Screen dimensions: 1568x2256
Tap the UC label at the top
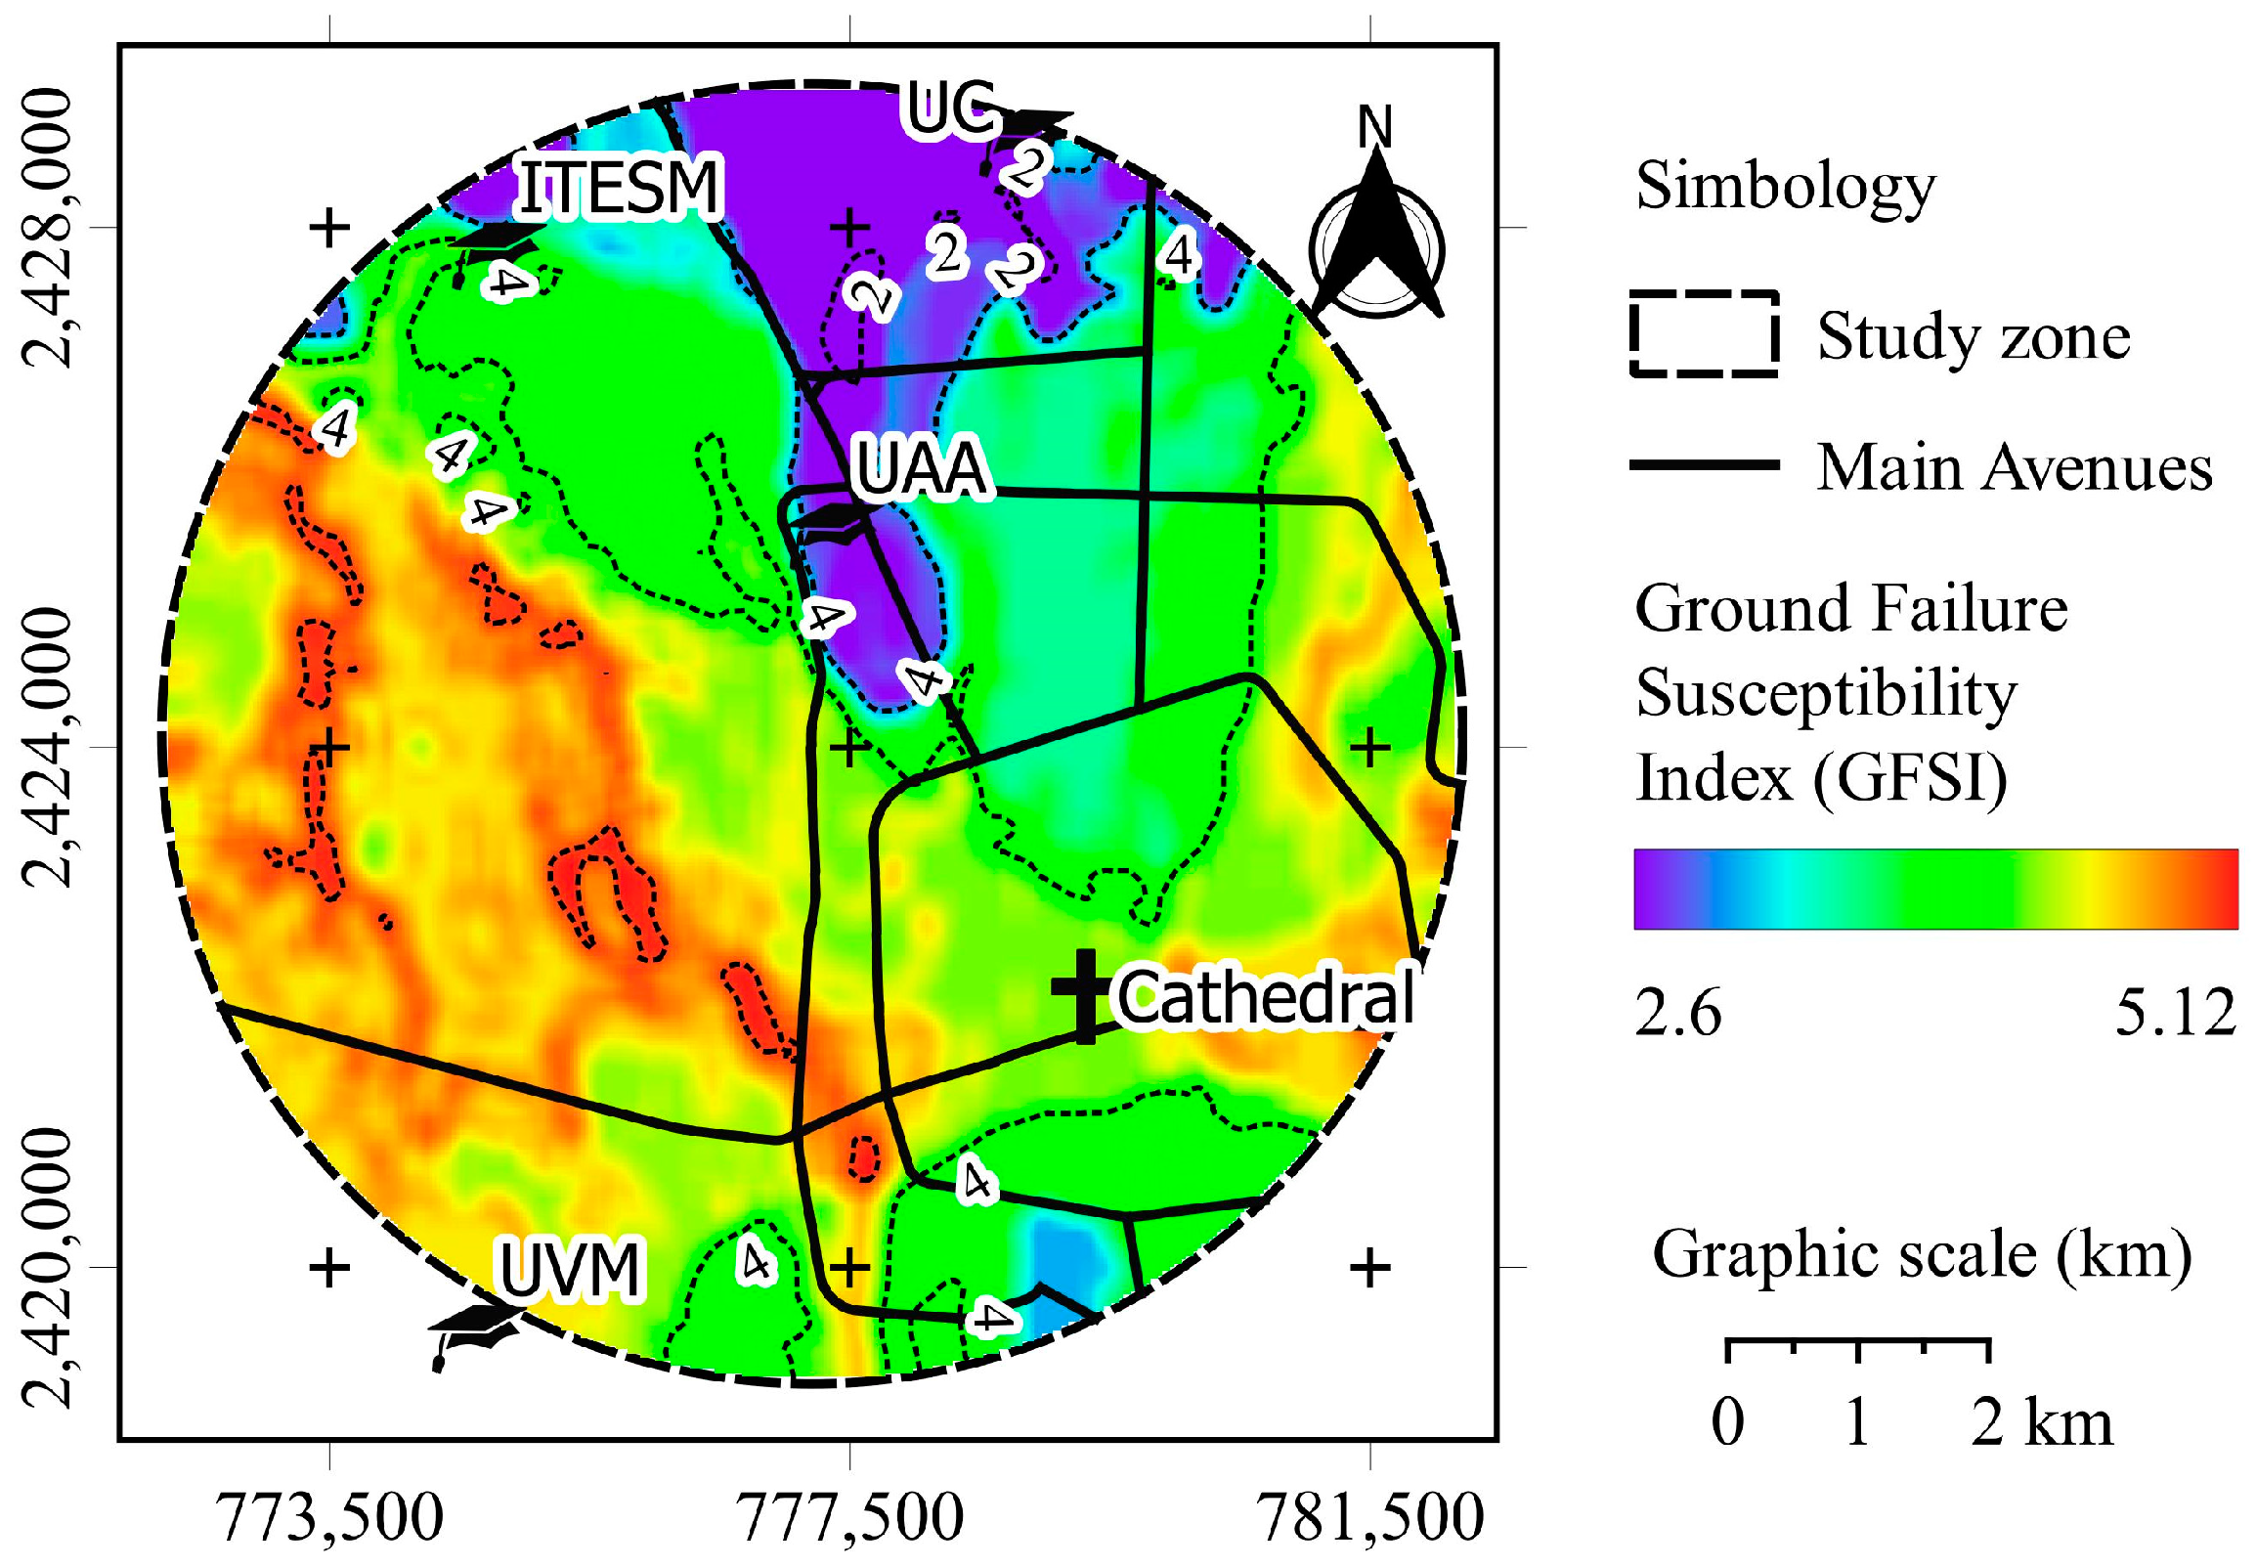pyautogui.click(x=949, y=108)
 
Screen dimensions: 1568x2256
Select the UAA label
pyautogui.click(x=920, y=468)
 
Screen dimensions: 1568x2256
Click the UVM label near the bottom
pyautogui.click(x=571, y=1269)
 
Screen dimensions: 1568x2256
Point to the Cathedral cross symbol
pyautogui.click(x=1084, y=995)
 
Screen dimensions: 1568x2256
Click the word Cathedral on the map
pyautogui.click(x=1266, y=998)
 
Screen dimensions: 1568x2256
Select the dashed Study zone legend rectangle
pyautogui.click(x=1704, y=334)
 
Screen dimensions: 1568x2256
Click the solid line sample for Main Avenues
pyautogui.click(x=1704, y=464)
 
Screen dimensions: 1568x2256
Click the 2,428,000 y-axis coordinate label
pyautogui.click(x=46, y=228)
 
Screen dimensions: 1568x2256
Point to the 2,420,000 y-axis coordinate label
pyautogui.click(x=46, y=1267)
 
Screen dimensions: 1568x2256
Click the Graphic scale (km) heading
pyautogui.click(x=1921, y=1255)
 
